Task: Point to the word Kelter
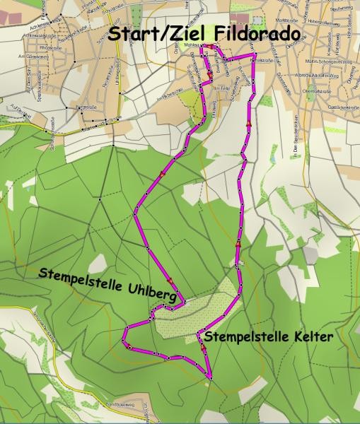pyautogui.click(x=312, y=337)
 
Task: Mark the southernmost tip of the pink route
pyautogui.click(x=211, y=379)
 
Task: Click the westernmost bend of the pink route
pyautogui.click(x=124, y=330)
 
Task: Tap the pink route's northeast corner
pyautogui.click(x=253, y=54)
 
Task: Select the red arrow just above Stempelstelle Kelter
pyautogui.click(x=204, y=348)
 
